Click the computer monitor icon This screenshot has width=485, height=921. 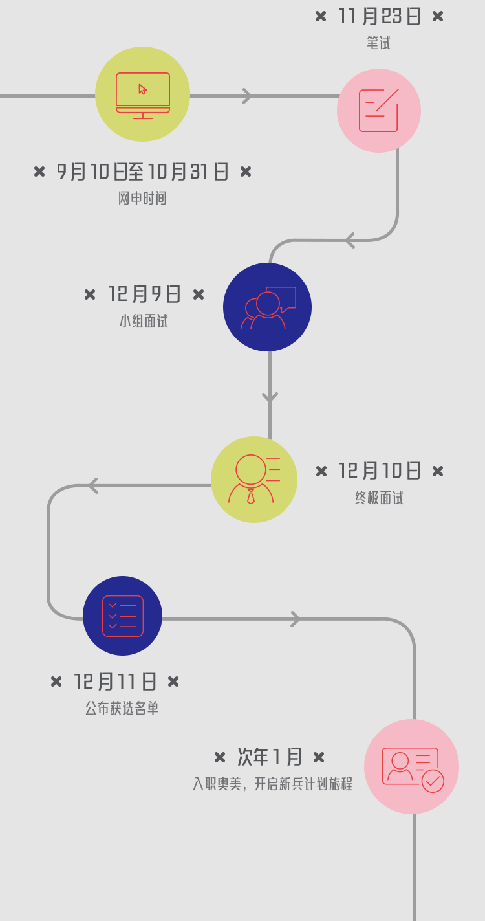click(143, 94)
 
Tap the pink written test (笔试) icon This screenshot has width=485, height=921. click(379, 111)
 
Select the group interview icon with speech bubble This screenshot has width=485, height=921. click(268, 307)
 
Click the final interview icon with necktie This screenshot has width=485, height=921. click(254, 480)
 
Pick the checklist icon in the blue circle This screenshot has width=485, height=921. click(123, 616)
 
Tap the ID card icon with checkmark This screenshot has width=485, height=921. click(412, 767)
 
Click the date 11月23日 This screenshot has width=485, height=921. click(379, 16)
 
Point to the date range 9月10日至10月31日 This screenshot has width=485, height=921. click(143, 172)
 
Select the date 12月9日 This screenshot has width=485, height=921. click(144, 294)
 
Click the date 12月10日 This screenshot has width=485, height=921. click(380, 471)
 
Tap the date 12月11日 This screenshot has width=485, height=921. click(115, 682)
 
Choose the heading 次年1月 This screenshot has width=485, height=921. click(270, 757)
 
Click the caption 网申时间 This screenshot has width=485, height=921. click(142, 198)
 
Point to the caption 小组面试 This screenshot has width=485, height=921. click(144, 321)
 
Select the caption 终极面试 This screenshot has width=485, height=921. click(379, 498)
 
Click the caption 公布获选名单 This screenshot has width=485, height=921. click(122, 708)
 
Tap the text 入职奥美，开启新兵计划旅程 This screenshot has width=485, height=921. click(272, 784)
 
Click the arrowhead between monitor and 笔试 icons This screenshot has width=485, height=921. click(246, 96)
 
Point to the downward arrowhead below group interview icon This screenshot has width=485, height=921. click(270, 397)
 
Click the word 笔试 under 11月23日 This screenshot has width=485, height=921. click(378, 43)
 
